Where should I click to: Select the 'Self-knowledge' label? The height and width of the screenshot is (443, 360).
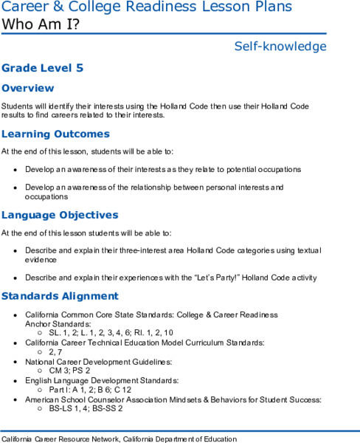coord(280,47)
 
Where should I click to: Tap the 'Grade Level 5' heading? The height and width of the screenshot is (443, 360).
coord(42,68)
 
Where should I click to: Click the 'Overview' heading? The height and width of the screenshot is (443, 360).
coord(27,88)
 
